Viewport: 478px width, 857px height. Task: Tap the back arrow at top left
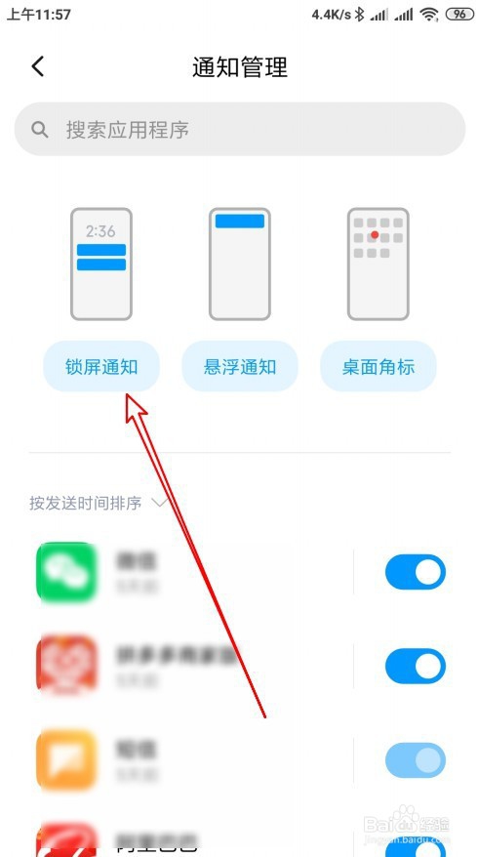tap(38, 66)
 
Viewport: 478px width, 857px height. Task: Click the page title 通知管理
tap(240, 67)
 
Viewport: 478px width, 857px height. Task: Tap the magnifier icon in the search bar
tap(40, 129)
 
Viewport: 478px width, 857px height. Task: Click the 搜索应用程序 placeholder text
tap(127, 129)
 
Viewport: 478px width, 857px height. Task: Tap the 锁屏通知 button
tap(101, 367)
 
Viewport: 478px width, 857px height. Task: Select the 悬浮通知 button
tap(240, 367)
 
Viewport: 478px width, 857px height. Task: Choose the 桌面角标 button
tap(378, 367)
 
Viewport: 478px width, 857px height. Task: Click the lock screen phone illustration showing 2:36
tap(101, 264)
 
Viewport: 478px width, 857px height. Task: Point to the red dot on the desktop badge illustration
tap(375, 235)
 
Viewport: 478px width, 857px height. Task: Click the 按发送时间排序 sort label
tap(85, 504)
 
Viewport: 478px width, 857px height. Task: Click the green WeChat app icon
tap(66, 572)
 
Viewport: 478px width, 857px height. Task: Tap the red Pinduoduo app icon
tap(66, 666)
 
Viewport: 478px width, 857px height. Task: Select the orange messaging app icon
tap(66, 759)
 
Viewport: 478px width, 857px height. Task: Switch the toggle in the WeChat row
tap(415, 573)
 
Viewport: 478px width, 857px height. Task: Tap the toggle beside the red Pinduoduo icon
tap(415, 667)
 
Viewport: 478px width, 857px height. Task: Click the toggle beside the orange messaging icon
tap(415, 760)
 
